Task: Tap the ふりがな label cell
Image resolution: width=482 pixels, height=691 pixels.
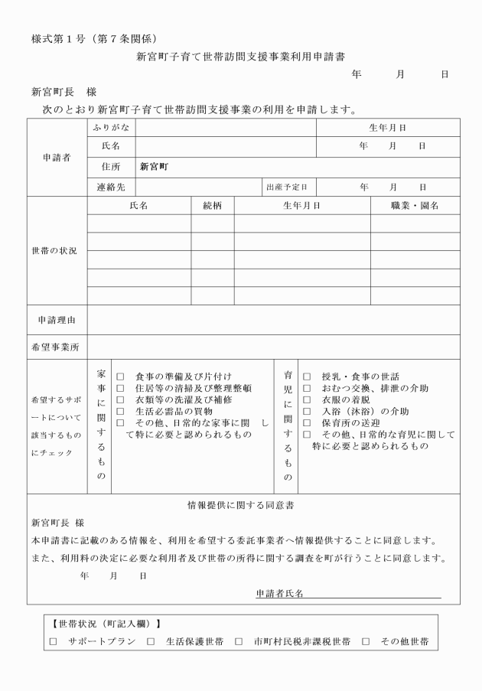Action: coord(111,128)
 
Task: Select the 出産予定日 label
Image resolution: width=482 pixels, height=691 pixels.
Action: coord(286,187)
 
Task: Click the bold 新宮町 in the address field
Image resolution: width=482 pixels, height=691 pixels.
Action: coord(154,166)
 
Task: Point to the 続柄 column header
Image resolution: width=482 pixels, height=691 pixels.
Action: coord(212,206)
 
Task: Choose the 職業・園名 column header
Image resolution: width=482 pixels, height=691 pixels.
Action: coord(415,206)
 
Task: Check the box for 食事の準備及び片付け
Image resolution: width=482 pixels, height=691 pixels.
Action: coord(120,377)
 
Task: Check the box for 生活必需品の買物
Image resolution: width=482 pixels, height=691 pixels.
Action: coord(120,412)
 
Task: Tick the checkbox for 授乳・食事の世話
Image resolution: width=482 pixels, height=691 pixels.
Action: coord(307,377)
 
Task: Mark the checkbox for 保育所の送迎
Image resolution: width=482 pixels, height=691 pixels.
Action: coord(307,423)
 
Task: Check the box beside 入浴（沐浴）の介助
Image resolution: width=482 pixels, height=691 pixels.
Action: coord(307,412)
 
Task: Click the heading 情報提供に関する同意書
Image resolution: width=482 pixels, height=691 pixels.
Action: coord(241,506)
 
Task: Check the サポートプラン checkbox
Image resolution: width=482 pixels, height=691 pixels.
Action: coord(54,641)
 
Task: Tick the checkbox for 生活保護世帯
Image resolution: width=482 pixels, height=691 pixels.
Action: coord(151,641)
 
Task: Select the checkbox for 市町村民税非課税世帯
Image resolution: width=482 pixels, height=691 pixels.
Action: coord(239,641)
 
